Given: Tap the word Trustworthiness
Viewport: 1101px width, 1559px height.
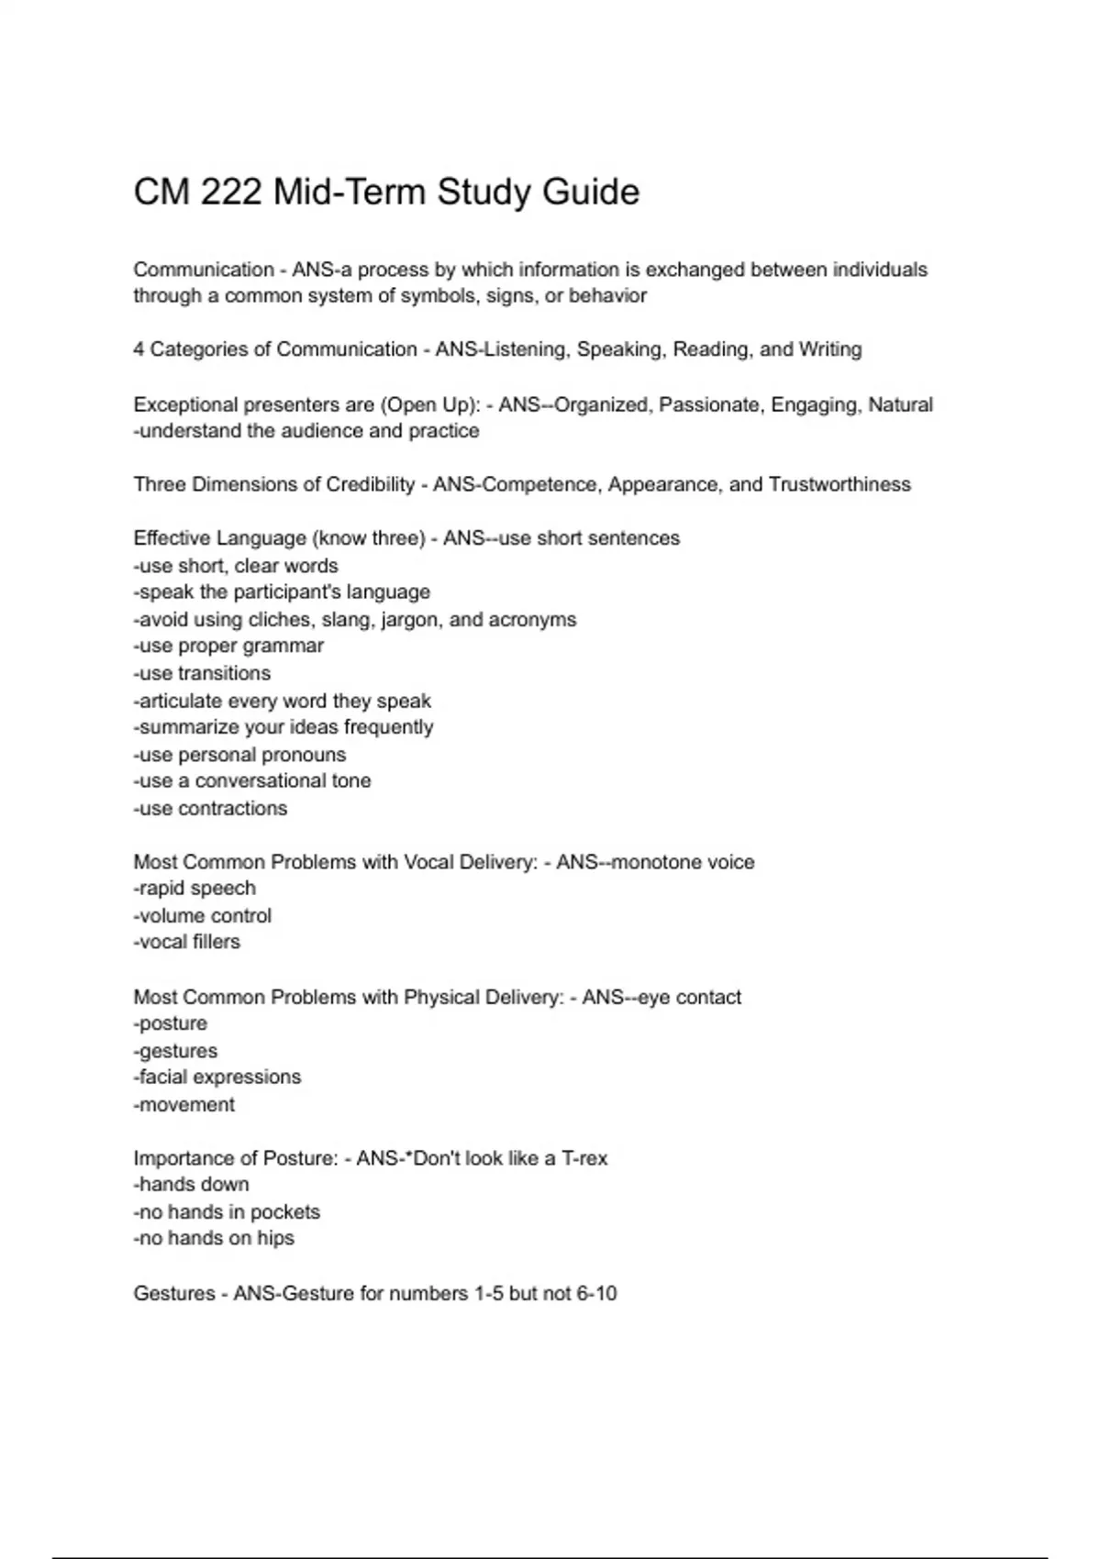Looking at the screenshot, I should tap(840, 484).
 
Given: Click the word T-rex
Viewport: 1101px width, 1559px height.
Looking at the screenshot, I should tap(584, 1158).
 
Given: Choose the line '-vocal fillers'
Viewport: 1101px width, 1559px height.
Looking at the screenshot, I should tap(187, 942).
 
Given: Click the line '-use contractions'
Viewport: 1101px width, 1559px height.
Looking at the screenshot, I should tap(210, 808).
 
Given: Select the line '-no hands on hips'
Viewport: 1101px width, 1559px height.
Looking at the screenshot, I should tap(214, 1238).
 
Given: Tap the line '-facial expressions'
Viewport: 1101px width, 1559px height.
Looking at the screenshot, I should tap(217, 1077).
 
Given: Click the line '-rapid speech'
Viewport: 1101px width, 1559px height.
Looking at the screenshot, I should tap(195, 888).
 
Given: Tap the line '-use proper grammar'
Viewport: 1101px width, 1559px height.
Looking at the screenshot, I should tap(228, 646).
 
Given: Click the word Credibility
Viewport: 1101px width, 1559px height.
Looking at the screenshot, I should tap(371, 484).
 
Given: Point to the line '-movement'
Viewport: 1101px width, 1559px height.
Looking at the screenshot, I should tap(184, 1104).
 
